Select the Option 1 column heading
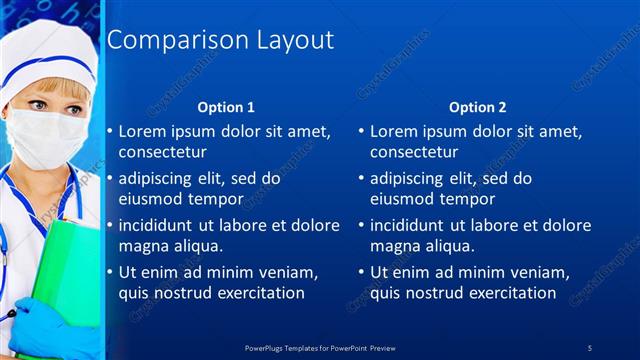(x=226, y=107)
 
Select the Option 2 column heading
(x=478, y=107)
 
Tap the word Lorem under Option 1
(x=142, y=131)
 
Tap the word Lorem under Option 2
(x=394, y=131)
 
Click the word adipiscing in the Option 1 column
(x=159, y=179)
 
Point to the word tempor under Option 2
(x=462, y=198)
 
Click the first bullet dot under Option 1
(x=110, y=132)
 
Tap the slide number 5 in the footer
(x=590, y=348)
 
